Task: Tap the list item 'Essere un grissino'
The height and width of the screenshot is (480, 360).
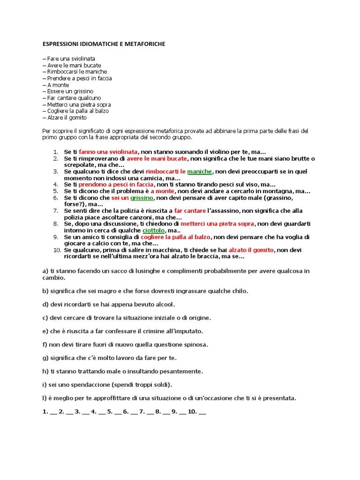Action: [x=70, y=91]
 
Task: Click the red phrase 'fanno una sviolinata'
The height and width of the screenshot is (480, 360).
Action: [x=108, y=152]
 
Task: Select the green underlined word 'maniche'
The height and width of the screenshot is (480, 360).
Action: [x=199, y=172]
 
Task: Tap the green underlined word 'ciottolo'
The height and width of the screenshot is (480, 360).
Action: [x=154, y=231]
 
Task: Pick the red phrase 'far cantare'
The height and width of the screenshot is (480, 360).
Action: [x=190, y=211]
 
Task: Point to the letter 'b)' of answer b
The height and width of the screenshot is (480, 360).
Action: [x=45, y=291]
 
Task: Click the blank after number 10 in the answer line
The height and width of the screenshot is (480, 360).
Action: [x=202, y=412]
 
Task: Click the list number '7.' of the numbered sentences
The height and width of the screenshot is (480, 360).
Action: [x=55, y=211]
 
